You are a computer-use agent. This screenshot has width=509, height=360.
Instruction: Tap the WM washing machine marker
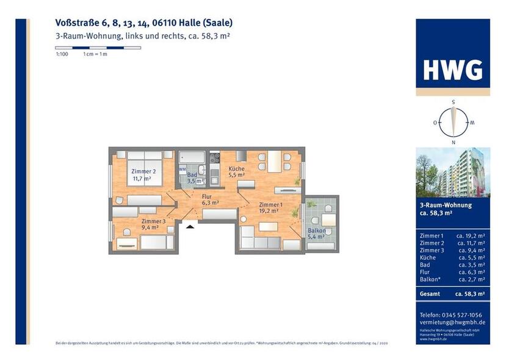coord(182,169)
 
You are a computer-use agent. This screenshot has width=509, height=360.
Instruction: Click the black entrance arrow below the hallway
coord(190,226)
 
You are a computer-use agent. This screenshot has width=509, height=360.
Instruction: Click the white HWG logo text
coord(453,70)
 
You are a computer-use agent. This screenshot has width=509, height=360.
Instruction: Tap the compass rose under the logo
coord(453,122)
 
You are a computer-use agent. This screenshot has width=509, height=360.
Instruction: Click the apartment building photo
coord(453,172)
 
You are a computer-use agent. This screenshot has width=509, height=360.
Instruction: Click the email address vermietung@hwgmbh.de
coord(453,322)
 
